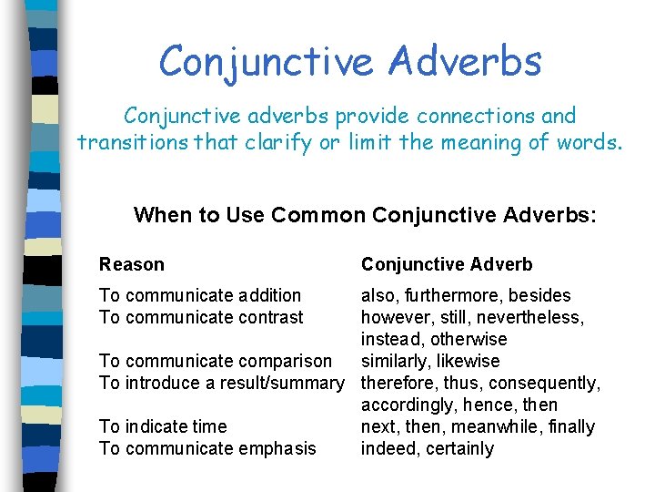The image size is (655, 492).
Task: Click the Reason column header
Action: click(x=132, y=264)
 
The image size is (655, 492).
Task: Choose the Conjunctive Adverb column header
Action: click(x=447, y=264)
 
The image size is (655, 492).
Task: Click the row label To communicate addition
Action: click(x=200, y=295)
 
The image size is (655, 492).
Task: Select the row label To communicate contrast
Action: click(x=201, y=317)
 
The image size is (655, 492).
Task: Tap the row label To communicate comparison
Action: click(x=216, y=361)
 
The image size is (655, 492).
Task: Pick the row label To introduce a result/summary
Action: click(x=222, y=383)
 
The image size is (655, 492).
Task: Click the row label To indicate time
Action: click(x=163, y=426)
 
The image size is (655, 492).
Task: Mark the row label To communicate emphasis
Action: click(x=207, y=448)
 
